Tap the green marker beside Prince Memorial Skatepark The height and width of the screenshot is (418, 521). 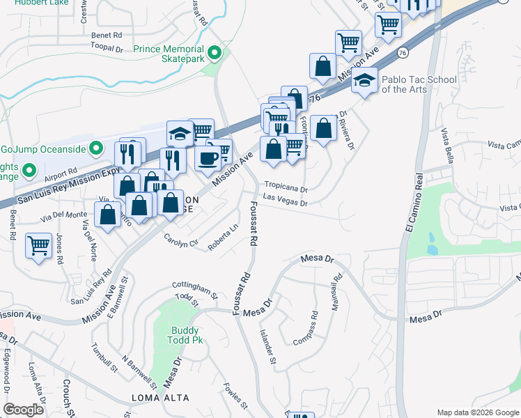pyautogui.click(x=215, y=52)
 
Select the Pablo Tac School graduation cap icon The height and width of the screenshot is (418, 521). pyautogui.click(x=364, y=82)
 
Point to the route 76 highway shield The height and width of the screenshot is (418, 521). pyautogui.click(x=403, y=53)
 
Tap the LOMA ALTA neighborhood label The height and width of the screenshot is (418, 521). pyautogui.click(x=157, y=398)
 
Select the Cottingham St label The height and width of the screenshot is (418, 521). pyautogui.click(x=195, y=291)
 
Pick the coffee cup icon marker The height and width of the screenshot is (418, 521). pyautogui.click(x=206, y=159)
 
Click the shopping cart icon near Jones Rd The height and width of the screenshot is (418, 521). pyautogui.click(x=38, y=245)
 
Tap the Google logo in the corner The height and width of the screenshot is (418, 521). pyautogui.click(x=24, y=410)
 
